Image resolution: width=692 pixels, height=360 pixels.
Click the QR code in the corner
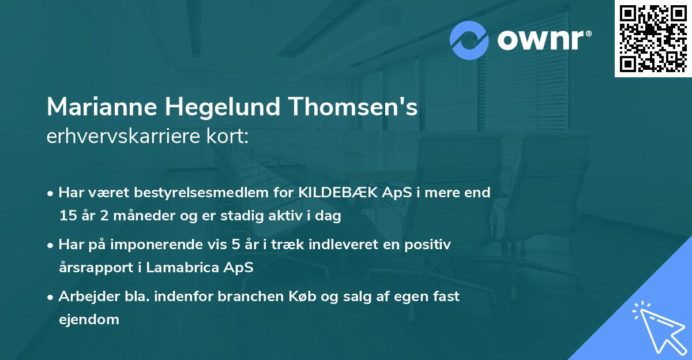[x=653, y=39]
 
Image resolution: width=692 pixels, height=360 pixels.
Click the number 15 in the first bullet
[x=67, y=216]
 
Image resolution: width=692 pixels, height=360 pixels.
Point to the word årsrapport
[x=95, y=268]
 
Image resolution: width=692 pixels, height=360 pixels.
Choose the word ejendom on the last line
[x=89, y=319]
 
